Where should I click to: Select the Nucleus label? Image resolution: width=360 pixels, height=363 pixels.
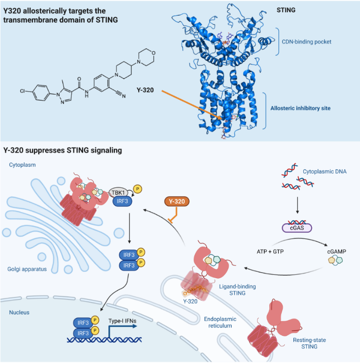pos(21,313)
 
